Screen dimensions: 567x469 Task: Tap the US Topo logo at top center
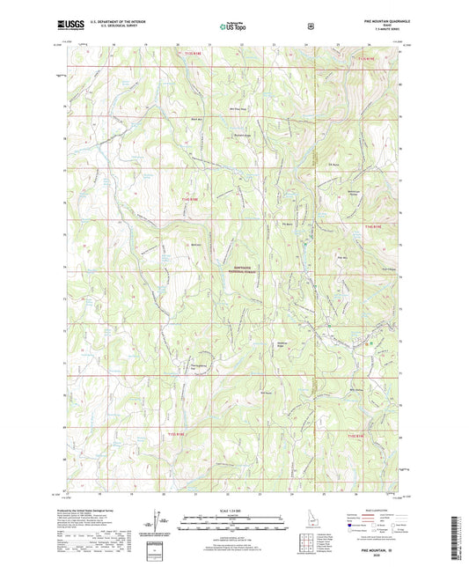(233, 26)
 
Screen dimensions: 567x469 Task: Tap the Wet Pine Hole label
(237, 109)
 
